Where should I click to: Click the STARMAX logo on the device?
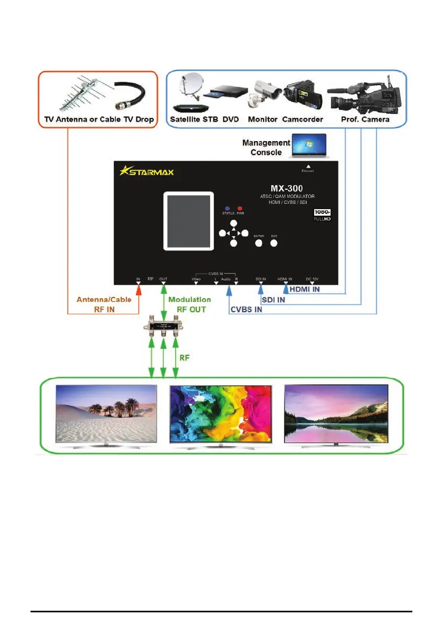(147, 172)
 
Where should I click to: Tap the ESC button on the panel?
(274, 243)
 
